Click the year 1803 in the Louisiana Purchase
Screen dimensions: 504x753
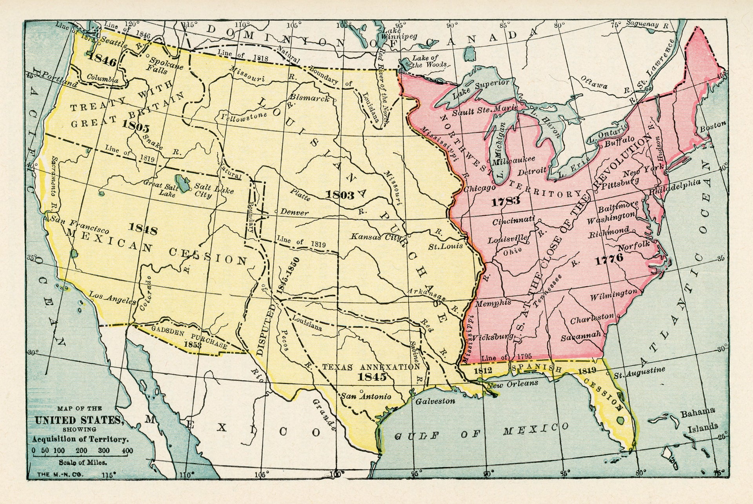pyautogui.click(x=340, y=194)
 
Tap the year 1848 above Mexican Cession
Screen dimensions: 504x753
pyautogui.click(x=143, y=229)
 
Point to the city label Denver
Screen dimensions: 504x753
pyautogui.click(x=295, y=212)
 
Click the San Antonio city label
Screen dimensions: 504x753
pyautogui.click(x=366, y=396)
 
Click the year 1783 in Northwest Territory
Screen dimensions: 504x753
pyautogui.click(x=506, y=202)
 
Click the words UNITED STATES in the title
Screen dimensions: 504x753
pyautogui.click(x=78, y=421)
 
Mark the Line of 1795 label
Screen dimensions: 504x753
pyautogui.click(x=506, y=357)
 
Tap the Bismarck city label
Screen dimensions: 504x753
pyautogui.click(x=309, y=98)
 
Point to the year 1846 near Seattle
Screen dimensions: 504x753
pyautogui.click(x=103, y=61)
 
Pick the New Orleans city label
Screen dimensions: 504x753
pyautogui.click(x=512, y=384)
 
